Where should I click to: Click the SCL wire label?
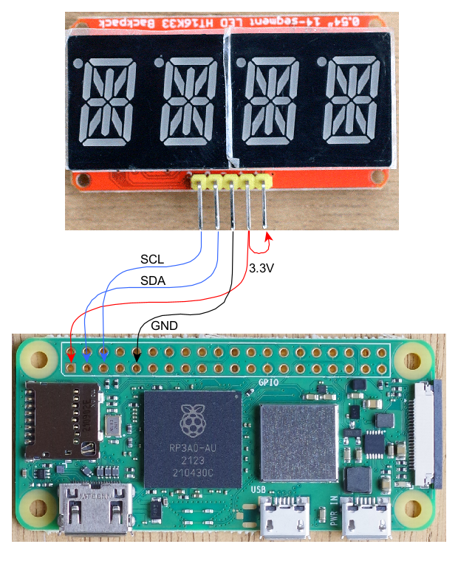click(x=152, y=259)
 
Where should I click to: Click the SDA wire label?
click(x=152, y=281)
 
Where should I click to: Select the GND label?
click(x=164, y=325)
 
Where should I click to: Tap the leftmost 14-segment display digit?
click(x=107, y=103)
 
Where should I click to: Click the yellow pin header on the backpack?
click(x=231, y=180)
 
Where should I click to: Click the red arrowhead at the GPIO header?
click(x=71, y=354)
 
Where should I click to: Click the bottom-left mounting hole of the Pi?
click(x=33, y=509)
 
